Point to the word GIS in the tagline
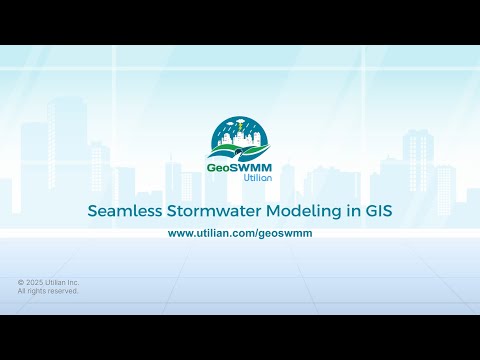378,211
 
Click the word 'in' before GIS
351,211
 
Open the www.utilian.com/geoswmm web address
240,232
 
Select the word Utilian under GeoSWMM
256,179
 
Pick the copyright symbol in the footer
21,283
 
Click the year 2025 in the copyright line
36,283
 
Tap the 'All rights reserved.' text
48,291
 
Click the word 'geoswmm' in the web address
285,232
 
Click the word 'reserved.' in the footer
61,291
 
